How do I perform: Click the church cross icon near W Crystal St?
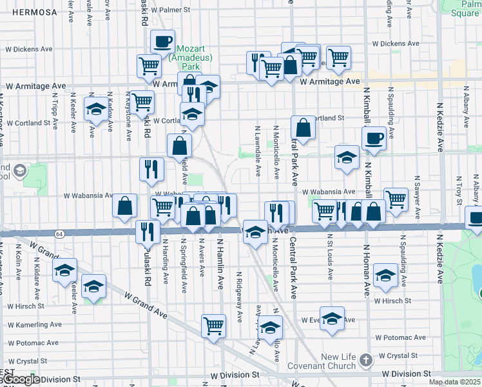coord(365,359)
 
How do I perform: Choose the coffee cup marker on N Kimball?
coord(374,137)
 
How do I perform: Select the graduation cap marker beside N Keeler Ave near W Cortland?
coord(96,110)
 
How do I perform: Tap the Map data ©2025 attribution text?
coord(454,382)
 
